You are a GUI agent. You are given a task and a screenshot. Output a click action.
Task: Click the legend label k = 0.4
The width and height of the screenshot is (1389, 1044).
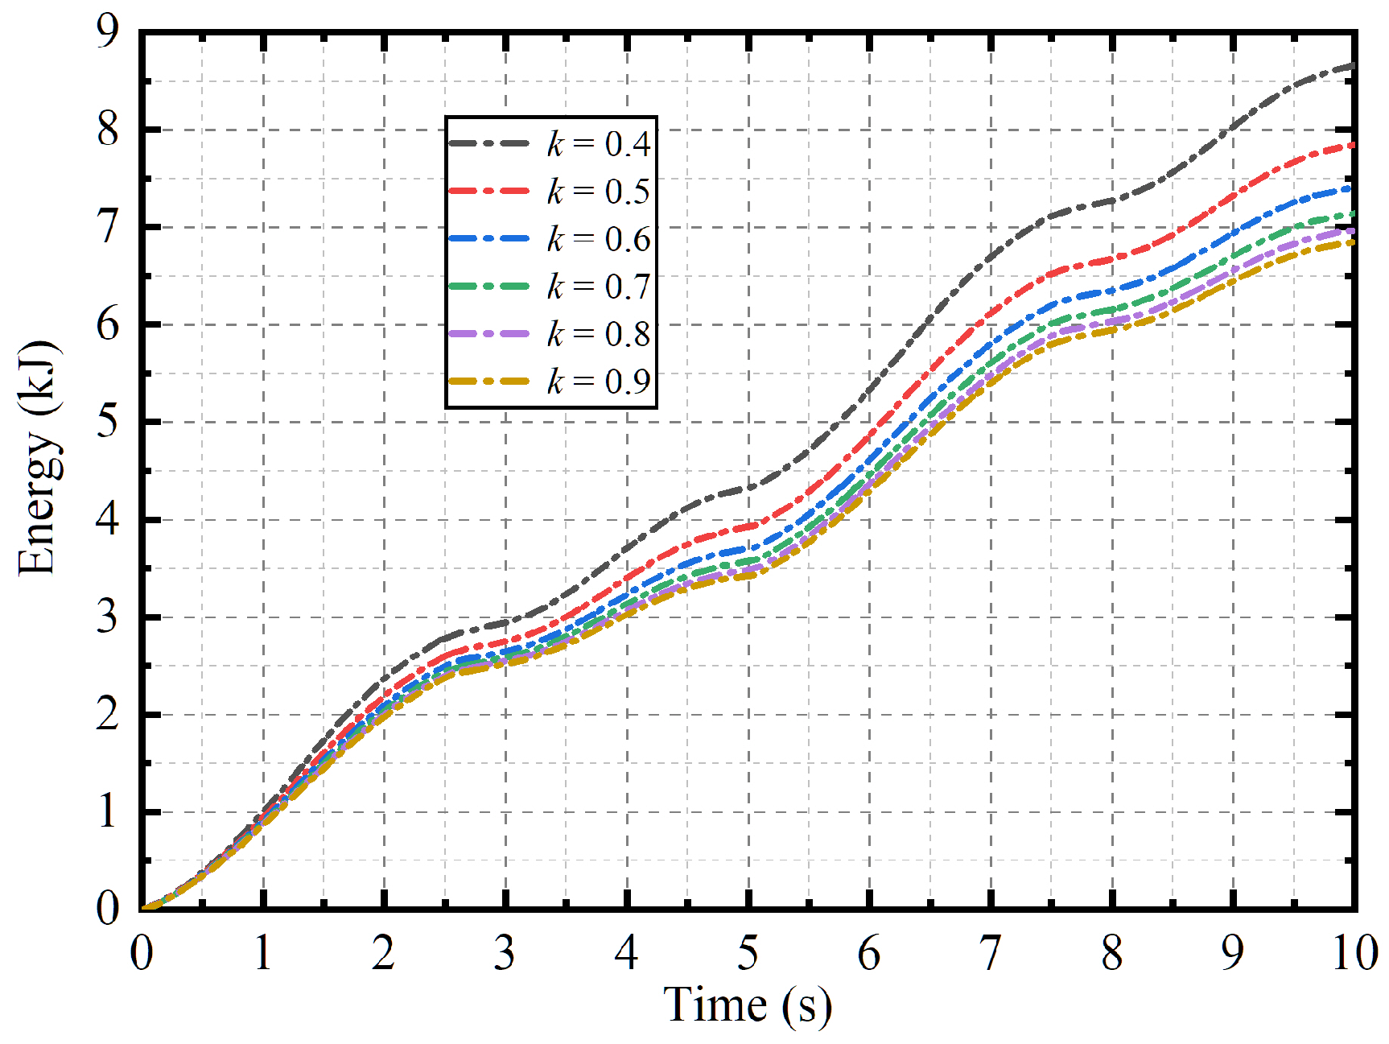[598, 144]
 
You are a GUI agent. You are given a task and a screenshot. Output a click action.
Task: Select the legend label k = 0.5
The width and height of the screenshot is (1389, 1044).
[598, 192]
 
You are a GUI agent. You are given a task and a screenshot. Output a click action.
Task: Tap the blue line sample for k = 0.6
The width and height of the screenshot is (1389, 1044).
[488, 239]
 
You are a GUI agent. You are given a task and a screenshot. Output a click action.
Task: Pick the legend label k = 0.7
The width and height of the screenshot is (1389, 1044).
[598, 287]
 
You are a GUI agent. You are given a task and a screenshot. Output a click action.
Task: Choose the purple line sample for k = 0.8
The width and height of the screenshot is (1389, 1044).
[488, 333]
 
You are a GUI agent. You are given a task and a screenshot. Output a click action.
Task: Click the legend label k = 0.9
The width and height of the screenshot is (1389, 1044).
[598, 381]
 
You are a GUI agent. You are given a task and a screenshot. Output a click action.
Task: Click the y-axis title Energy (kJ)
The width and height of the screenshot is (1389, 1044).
[37, 458]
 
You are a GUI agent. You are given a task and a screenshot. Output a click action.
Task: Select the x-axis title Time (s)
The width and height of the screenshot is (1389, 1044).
[747, 1005]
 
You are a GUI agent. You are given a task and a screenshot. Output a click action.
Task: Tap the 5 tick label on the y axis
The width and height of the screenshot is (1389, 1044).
[107, 422]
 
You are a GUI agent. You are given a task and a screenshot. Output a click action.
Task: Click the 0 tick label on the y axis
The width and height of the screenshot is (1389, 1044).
[107, 909]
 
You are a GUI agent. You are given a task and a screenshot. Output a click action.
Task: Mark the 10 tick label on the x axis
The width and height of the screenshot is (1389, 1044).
[1354, 955]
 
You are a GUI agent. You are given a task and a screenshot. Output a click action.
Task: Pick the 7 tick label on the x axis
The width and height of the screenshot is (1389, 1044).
[990, 955]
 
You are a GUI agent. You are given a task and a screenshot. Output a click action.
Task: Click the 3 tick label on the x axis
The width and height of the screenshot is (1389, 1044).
[505, 955]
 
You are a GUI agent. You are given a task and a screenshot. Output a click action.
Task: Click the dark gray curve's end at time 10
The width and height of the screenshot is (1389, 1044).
[1353, 65]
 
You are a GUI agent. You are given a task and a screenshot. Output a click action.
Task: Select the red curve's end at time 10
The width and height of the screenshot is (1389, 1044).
[1353, 145]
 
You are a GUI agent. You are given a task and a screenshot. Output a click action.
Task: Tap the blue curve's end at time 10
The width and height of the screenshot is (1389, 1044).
[1353, 188]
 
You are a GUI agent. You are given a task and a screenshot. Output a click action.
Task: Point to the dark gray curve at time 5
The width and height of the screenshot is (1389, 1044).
[748, 489]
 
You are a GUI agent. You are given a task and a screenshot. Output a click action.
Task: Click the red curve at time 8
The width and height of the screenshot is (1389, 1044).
[1112, 259]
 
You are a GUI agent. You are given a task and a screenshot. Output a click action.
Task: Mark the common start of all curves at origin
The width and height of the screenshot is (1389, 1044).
[143, 909]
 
